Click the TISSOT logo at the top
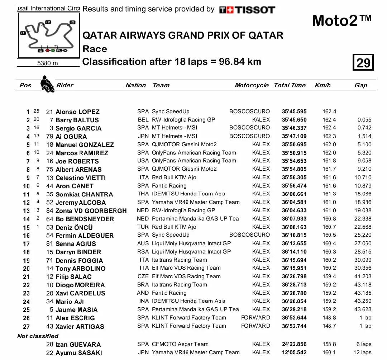[247, 10]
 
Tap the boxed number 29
[363, 63]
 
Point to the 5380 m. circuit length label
[48, 63]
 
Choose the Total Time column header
[290, 85]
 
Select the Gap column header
[360, 85]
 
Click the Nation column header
[135, 85]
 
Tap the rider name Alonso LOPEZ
[77, 112]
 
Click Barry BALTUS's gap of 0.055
[364, 120]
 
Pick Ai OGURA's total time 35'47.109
[294, 136]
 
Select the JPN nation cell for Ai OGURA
[143, 136]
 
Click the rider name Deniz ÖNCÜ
[74, 227]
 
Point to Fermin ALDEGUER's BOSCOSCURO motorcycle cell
[249, 235]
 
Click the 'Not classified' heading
[38, 336]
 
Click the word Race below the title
[95, 49]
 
